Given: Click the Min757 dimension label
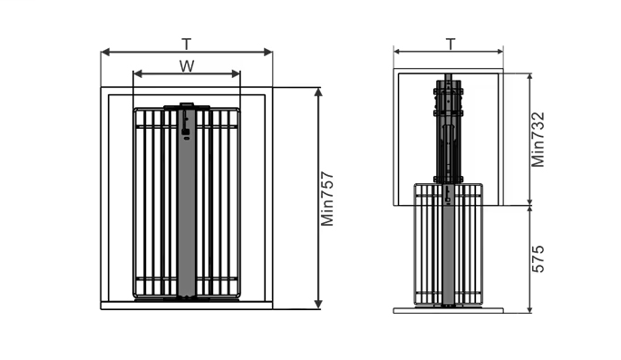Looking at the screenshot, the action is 327,199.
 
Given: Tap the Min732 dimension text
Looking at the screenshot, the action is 538,140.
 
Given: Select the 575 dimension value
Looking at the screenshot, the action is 538,259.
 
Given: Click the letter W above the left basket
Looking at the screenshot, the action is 187,66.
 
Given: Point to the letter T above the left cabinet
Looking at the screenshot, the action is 186,44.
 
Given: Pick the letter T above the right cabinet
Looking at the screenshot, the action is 451,44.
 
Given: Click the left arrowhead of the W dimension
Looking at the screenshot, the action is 138,73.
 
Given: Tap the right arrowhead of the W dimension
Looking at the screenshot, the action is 236,73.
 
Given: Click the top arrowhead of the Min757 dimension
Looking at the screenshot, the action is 318,92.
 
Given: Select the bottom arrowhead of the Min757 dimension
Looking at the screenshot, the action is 318,304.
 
